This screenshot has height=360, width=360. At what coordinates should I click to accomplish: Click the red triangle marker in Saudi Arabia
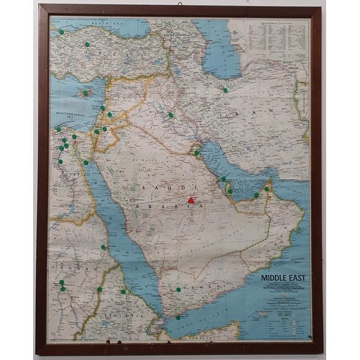pos(190,201)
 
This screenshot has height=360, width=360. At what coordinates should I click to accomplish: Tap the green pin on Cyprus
pos(86,93)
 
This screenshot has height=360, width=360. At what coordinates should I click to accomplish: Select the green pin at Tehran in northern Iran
pos(225,90)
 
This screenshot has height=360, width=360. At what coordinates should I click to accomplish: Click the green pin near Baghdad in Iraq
pos(171,114)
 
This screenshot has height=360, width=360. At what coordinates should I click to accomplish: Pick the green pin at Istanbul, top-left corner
pos(61,32)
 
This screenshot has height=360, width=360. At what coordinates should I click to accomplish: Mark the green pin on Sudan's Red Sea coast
pos(103,247)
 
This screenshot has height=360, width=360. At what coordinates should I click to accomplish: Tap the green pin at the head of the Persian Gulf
pos(196,152)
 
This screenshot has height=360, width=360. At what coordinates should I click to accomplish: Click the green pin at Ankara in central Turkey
pos(87,44)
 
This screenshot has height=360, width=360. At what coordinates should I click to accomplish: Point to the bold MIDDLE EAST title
pos(277,275)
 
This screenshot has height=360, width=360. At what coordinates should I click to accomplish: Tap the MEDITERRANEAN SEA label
pos(68,114)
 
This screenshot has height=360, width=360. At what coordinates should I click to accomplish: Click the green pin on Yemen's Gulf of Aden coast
pos(178,315)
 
